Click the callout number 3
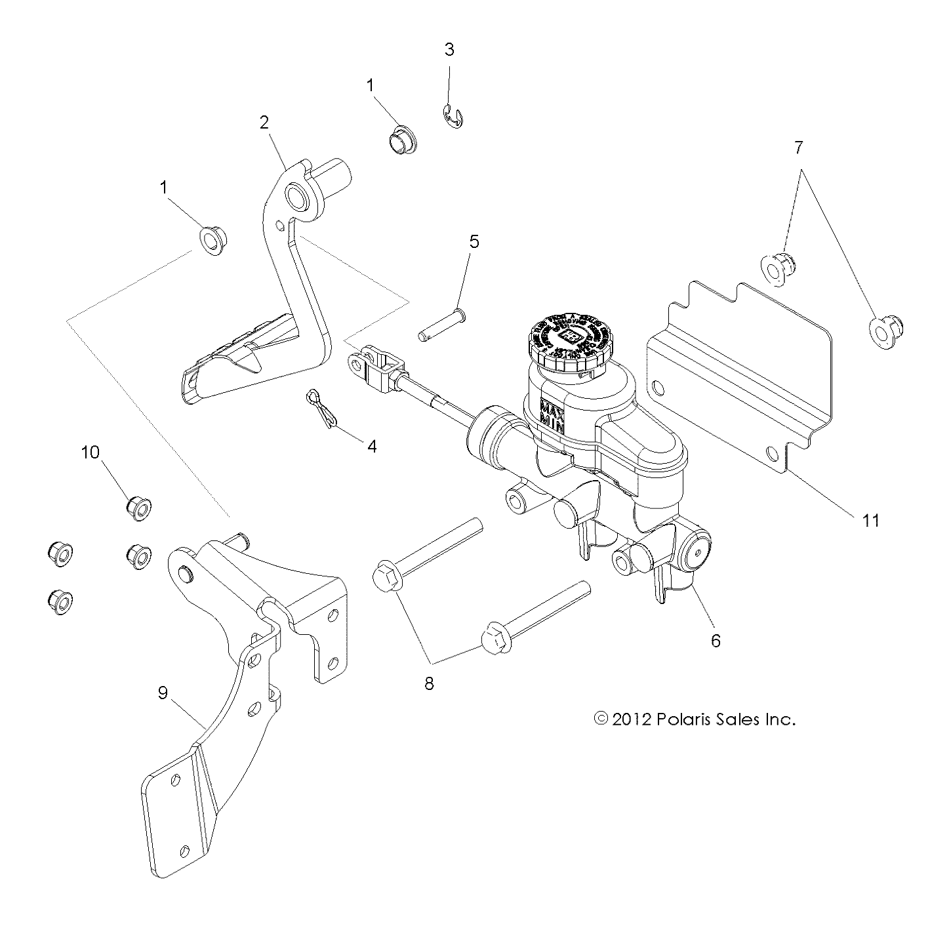point(449,50)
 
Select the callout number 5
point(474,241)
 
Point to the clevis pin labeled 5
point(442,326)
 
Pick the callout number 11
point(870,521)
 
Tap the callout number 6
point(716,640)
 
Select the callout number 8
point(430,683)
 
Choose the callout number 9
point(163,692)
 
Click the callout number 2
point(264,122)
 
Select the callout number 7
point(798,148)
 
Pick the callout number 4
point(372,447)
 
